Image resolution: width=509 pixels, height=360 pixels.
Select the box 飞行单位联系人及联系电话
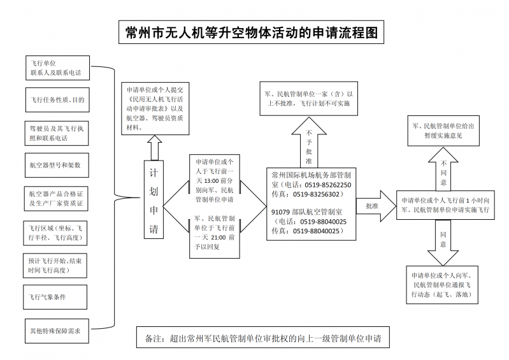[55, 68]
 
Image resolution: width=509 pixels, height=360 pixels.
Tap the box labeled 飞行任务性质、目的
[55, 100]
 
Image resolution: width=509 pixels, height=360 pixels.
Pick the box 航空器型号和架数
[55, 164]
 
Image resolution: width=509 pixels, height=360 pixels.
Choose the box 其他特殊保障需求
[55, 331]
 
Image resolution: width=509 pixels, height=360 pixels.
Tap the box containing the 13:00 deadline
[214, 180]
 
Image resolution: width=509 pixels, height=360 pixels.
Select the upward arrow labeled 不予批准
[308, 143]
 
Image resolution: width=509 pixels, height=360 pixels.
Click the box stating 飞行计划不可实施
[308, 98]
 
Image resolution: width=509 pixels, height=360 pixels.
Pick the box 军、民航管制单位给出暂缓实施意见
[443, 131]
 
